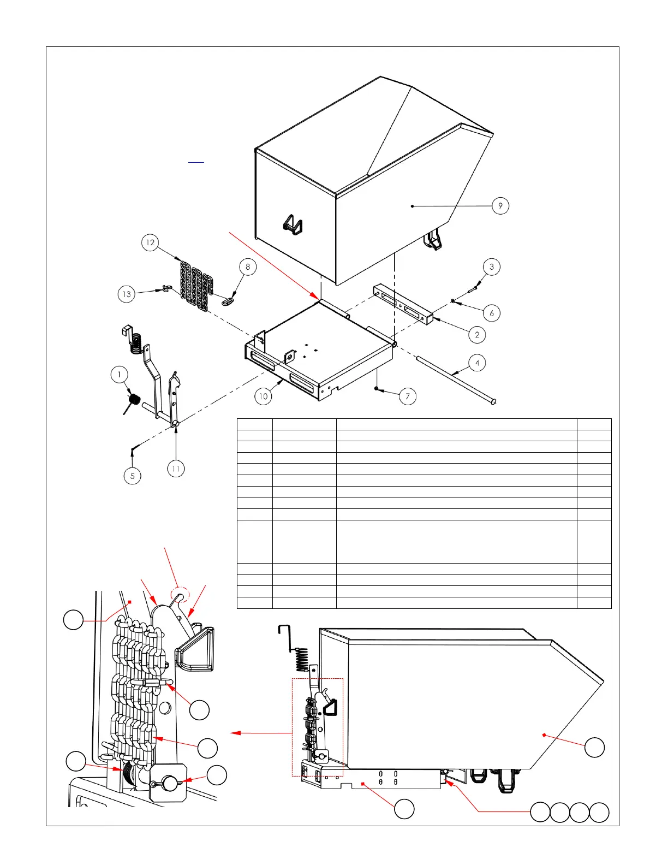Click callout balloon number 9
coord(500,206)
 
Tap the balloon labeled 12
coord(150,242)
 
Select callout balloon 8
coord(248,267)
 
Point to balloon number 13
coord(127,294)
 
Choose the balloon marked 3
coord(492,267)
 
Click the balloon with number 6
coord(492,313)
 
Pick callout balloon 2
coord(477,335)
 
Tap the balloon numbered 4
coord(477,363)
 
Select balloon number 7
coord(408,396)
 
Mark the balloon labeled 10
coord(263,396)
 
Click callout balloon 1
coord(119,375)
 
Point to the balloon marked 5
coord(132,476)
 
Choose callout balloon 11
coord(176,469)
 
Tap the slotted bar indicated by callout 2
coord(403,305)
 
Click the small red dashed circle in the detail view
coord(180,595)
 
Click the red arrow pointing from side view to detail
coord(262,733)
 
